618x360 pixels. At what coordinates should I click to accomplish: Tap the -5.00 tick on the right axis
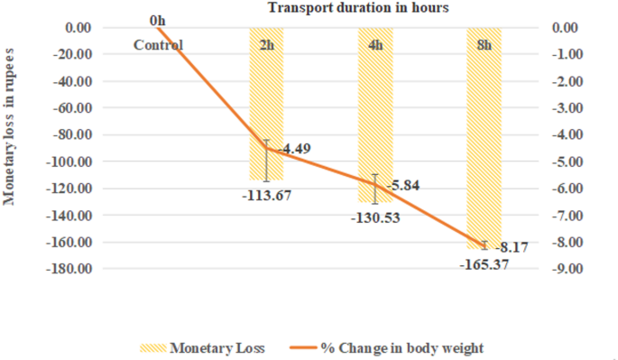pyautogui.click(x=565, y=162)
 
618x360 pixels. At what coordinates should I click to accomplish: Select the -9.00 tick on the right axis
pyautogui.click(x=565, y=269)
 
